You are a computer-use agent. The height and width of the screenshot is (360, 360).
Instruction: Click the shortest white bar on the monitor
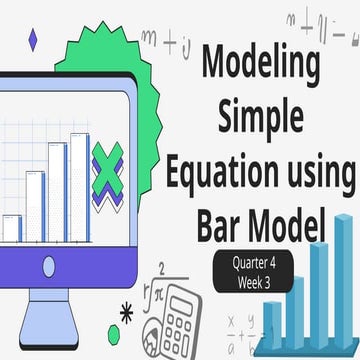pos(12,227)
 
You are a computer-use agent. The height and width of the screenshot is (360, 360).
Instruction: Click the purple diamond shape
pos(33,39)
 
